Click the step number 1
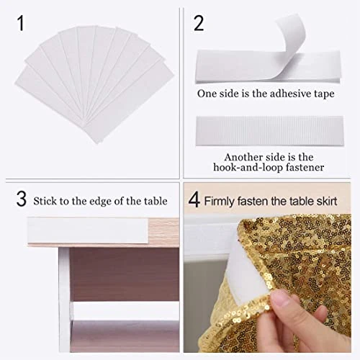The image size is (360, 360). pos(20,23)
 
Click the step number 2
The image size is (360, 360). pos(199,23)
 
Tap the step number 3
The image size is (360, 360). pos(21,199)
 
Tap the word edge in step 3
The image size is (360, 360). pos(101,202)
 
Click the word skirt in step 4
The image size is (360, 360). pos(327,201)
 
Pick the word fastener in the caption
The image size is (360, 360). pos(305,167)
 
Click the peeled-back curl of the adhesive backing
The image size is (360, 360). pos(292,34)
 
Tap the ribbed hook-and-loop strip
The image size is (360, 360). pos(270,131)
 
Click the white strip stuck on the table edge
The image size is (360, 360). pos(88,230)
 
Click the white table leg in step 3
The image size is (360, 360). pos(64,300)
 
